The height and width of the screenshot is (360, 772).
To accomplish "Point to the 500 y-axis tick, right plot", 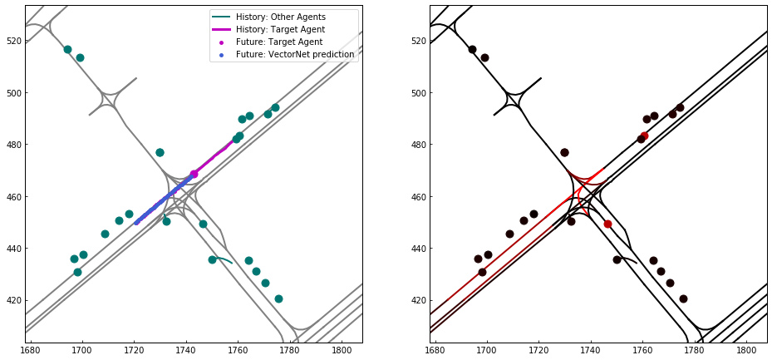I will tap(418, 92).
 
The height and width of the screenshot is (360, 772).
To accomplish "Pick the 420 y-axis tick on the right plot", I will tap(418, 300).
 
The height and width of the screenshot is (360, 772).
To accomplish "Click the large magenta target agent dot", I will tap(194, 174).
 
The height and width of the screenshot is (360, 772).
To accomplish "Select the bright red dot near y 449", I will tap(607, 224).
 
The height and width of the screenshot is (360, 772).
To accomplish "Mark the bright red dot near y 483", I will tap(644, 136).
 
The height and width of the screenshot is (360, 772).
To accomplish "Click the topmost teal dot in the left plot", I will tap(67, 50).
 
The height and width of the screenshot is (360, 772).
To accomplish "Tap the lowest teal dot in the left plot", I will tap(278, 298).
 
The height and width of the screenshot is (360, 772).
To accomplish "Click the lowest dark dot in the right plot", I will tap(683, 298).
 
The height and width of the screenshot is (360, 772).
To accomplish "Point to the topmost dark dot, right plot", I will tap(472, 50).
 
